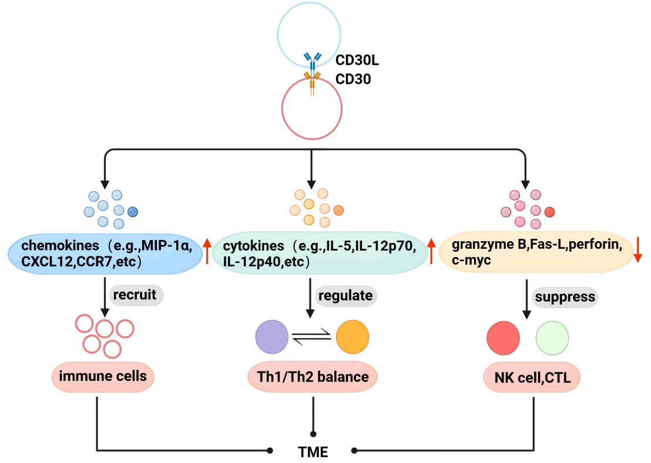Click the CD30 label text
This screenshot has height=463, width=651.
tap(353, 79)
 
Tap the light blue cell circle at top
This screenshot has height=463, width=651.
tap(308, 29)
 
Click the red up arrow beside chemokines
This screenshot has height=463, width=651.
tap(207, 251)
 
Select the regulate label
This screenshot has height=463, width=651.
tap(345, 295)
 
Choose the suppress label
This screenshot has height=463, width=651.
tap(564, 296)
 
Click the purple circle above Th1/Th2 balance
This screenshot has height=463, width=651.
tap(272, 337)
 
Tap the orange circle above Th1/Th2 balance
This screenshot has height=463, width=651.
tap(353, 337)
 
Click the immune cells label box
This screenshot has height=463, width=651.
tap(103, 376)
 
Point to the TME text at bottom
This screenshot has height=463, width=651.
tap(313, 451)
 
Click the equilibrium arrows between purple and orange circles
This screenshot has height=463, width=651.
tap(312, 337)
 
